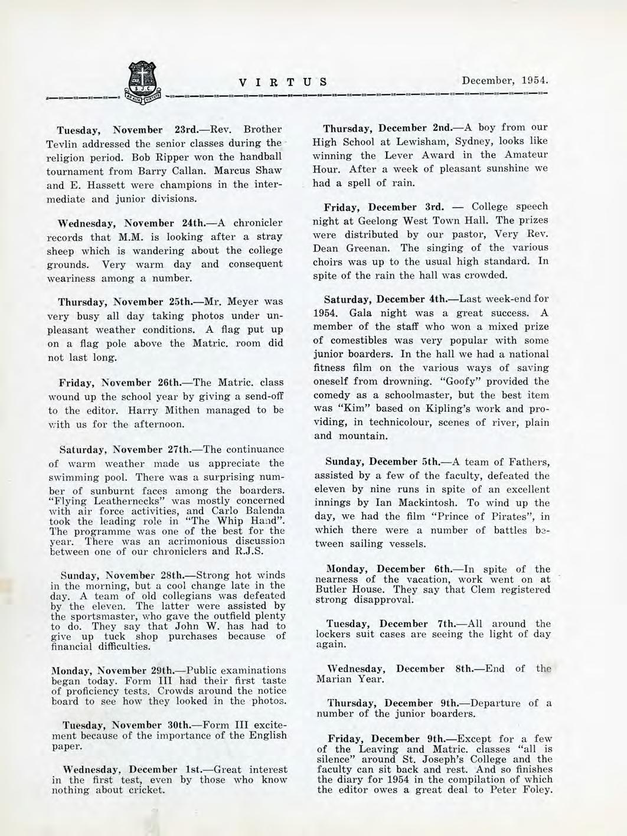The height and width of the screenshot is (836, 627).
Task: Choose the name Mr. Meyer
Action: point(232,302)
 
